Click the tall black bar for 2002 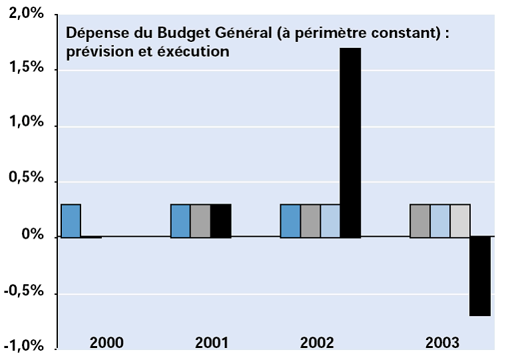350,142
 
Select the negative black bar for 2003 480,276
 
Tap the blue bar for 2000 71,220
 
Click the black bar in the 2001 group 221,220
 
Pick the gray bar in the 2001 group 200,220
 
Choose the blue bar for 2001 180,220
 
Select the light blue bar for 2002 330,220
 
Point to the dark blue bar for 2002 290,220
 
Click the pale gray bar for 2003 460,220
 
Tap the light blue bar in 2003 439,220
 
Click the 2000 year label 106,343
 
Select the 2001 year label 212,343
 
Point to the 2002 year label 317,343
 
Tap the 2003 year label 442,343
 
